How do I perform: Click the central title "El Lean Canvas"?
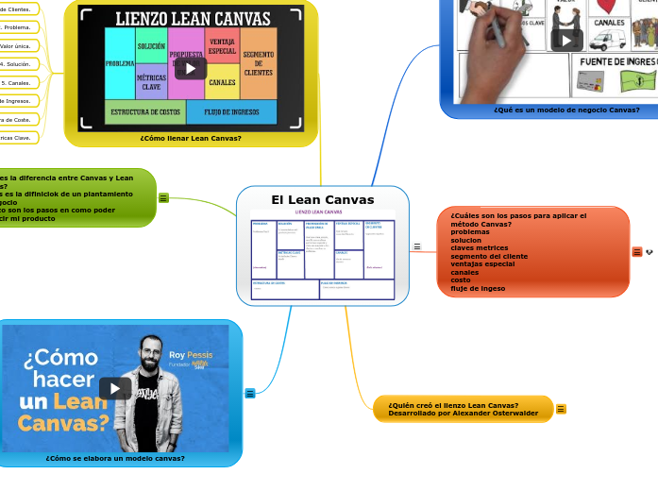(322, 199)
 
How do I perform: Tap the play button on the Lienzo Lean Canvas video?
(191, 68)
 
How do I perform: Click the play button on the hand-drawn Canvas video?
(566, 40)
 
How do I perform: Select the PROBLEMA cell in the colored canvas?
(120, 63)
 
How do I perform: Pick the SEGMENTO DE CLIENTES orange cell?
(258, 63)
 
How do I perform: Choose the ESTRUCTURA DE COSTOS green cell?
(145, 111)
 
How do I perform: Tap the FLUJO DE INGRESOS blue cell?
(231, 111)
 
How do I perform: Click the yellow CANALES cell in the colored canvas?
(222, 82)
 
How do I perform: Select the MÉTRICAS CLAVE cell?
(151, 82)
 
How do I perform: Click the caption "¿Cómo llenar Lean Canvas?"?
(191, 138)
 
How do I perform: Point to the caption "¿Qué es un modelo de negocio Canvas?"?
(566, 110)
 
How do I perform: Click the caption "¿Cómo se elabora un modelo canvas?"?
(115, 458)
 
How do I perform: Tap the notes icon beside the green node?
(163, 198)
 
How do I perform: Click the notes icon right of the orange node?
(636, 251)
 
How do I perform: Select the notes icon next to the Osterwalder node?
(561, 409)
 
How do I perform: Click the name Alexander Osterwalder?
(491, 413)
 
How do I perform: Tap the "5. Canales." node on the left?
(17, 83)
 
